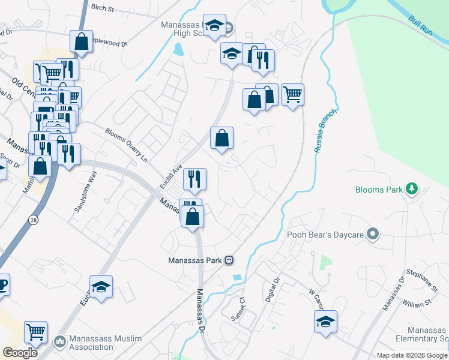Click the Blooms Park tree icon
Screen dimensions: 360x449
pyautogui.click(x=412, y=190)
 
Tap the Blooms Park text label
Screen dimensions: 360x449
pyautogui.click(x=379, y=190)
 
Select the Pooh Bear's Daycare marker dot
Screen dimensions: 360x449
pyautogui.click(x=373, y=234)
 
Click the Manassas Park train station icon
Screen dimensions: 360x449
pyautogui.click(x=229, y=260)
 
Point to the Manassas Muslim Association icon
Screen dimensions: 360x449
pyautogui.click(x=59, y=342)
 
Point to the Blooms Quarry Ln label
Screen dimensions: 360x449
pyautogui.click(x=126, y=145)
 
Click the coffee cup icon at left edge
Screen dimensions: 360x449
pyautogui.click(x=2, y=284)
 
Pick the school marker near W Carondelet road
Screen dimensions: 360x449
pyautogui.click(x=325, y=322)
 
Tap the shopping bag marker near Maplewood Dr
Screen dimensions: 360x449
pyautogui.click(x=81, y=41)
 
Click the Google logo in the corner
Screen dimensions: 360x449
pyautogui.click(x=19, y=353)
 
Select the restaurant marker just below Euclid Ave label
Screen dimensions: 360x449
pyautogui.click(x=194, y=178)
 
